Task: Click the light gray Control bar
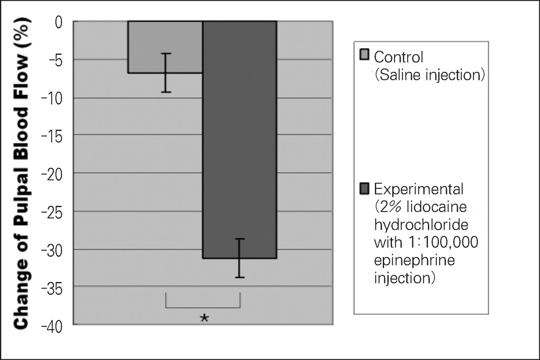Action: click(165, 47)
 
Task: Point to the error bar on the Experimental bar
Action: click(240, 258)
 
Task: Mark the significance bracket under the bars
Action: click(203, 306)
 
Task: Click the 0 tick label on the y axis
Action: click(59, 23)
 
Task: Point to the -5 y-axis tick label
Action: click(55, 60)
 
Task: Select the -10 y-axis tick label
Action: click(52, 98)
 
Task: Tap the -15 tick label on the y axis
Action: click(52, 136)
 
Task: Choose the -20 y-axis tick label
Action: click(52, 174)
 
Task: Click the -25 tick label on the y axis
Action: click(52, 211)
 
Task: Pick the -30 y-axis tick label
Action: click(52, 249)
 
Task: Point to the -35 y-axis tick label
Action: click(52, 287)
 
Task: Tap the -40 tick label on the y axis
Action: click(52, 325)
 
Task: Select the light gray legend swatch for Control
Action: click(365, 56)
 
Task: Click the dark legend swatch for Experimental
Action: click(365, 186)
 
